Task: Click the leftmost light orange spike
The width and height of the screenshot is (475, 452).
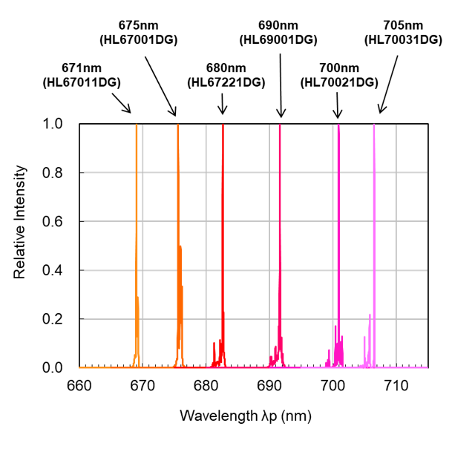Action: click(137, 223)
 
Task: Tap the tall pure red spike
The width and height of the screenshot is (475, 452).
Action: click(223, 223)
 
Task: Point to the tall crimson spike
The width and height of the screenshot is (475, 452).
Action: click(280, 223)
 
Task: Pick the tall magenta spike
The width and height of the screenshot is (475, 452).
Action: click(338, 223)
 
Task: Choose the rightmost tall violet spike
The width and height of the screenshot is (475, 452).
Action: click(374, 223)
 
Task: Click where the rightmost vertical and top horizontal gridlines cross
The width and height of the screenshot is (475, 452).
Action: click(396, 172)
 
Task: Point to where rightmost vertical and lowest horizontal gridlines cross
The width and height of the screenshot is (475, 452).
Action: click(396, 319)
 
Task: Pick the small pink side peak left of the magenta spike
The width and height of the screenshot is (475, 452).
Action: click(329, 355)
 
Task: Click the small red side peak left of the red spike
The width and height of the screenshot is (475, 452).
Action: click(214, 347)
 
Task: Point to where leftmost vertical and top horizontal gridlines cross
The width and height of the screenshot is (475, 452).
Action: click(142, 172)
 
